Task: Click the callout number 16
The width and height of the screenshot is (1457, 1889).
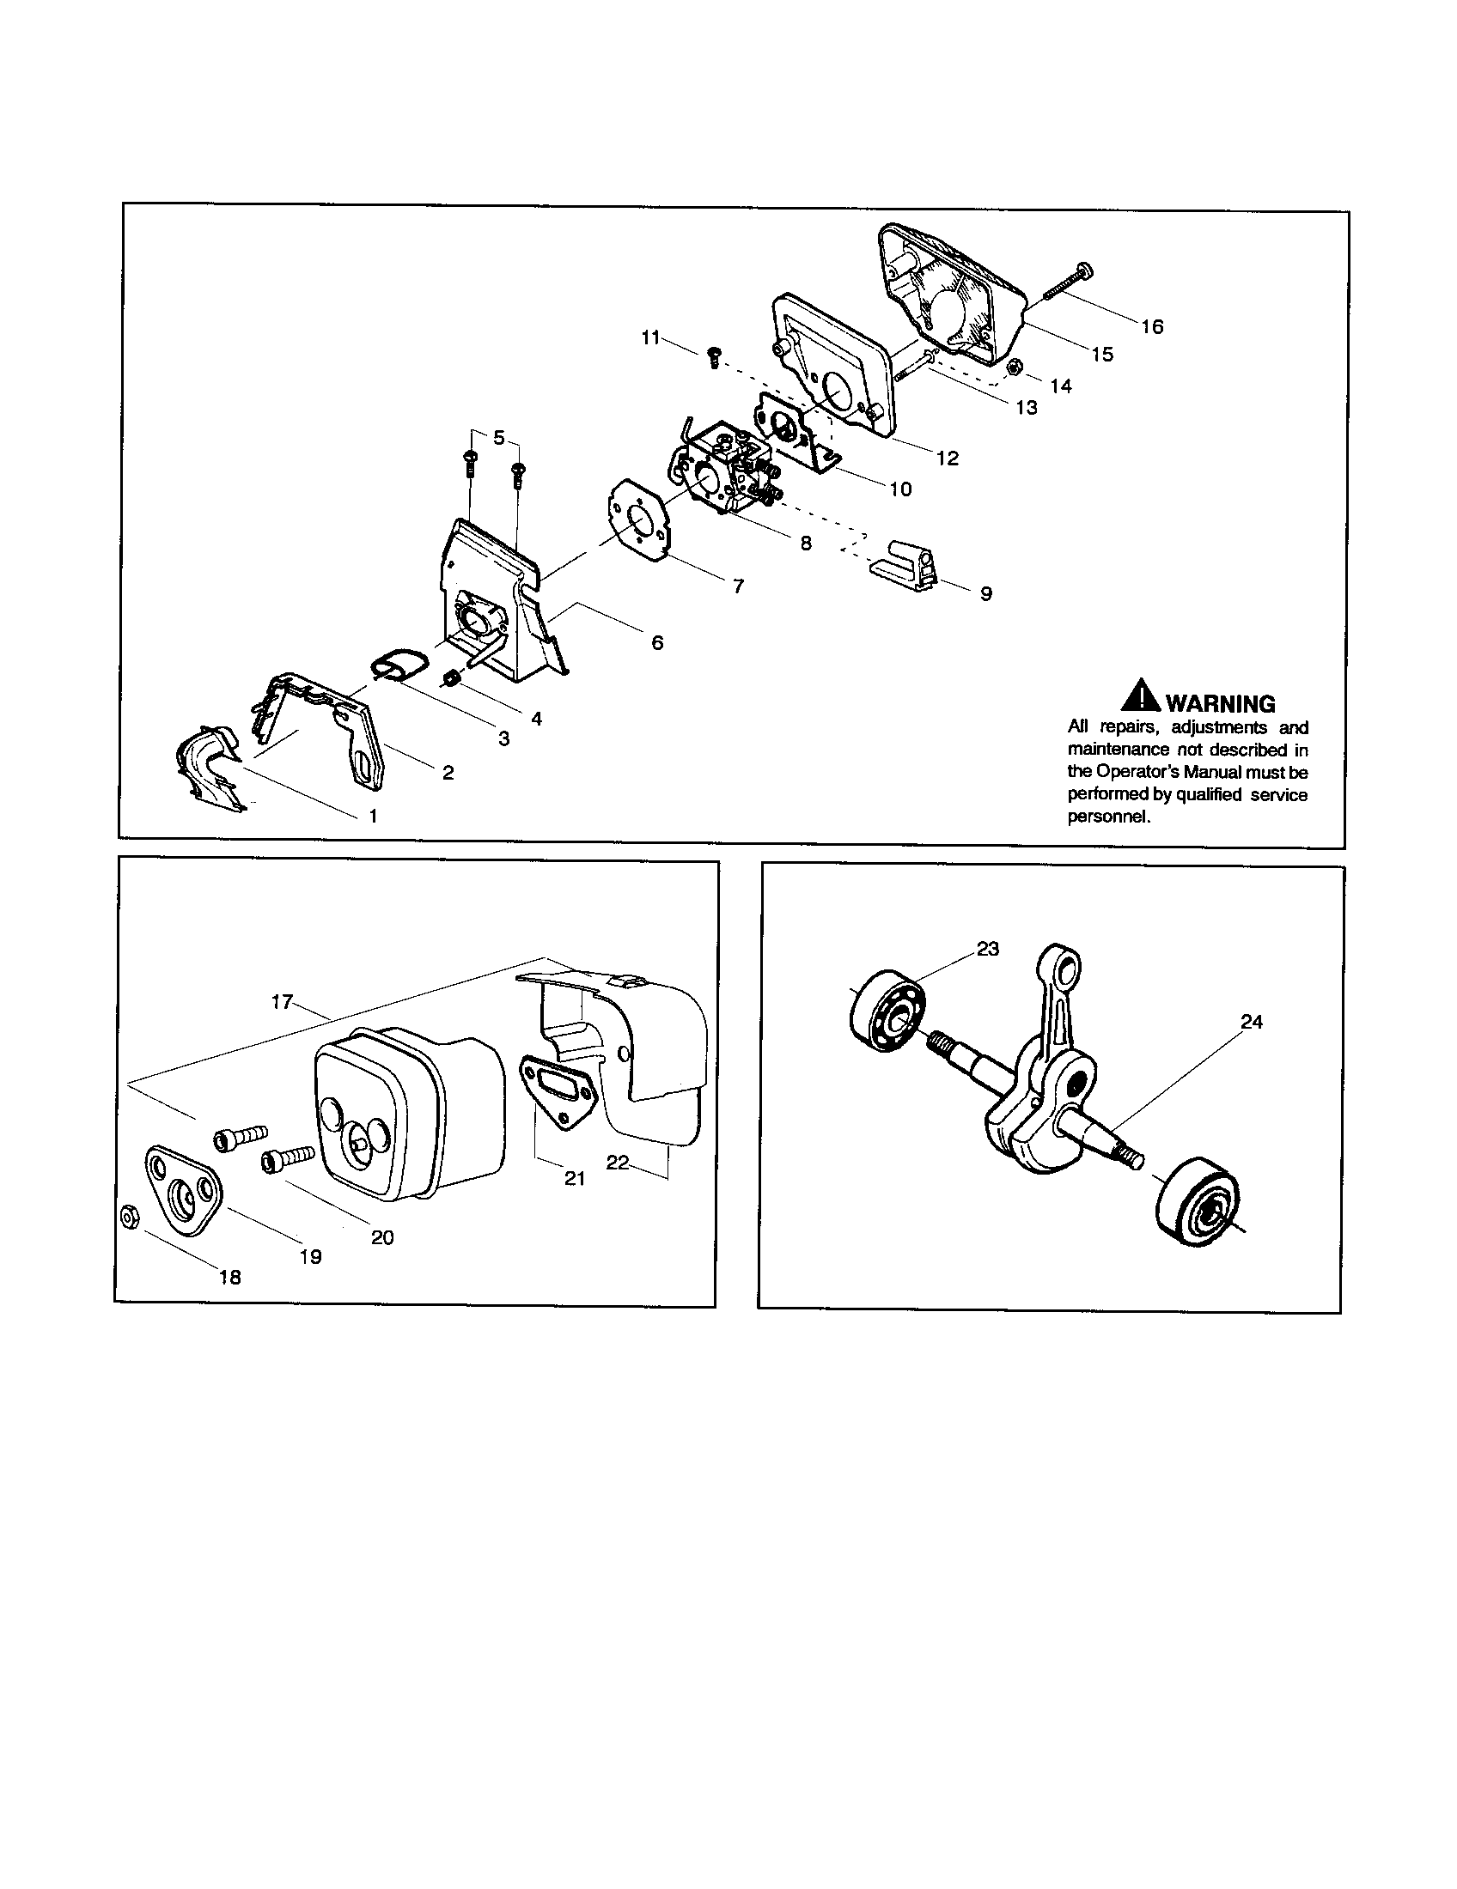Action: pos(1151,326)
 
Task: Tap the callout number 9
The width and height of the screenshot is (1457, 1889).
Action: pos(985,594)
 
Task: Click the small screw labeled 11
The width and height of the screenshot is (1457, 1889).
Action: pos(714,356)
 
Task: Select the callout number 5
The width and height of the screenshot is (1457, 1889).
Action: pos(498,438)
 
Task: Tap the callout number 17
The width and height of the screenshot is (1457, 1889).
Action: pos(282,1002)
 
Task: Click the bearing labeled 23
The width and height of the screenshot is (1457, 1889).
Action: pos(888,1012)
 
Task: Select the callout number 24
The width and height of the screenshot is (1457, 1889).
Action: pos(1251,1022)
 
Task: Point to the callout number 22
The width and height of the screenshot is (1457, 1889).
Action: pos(617,1163)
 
